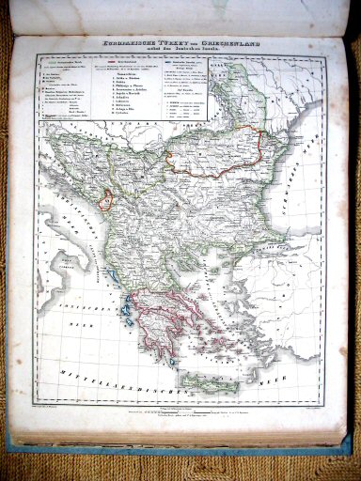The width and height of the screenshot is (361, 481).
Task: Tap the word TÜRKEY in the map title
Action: pyautogui.click(x=165, y=39)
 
